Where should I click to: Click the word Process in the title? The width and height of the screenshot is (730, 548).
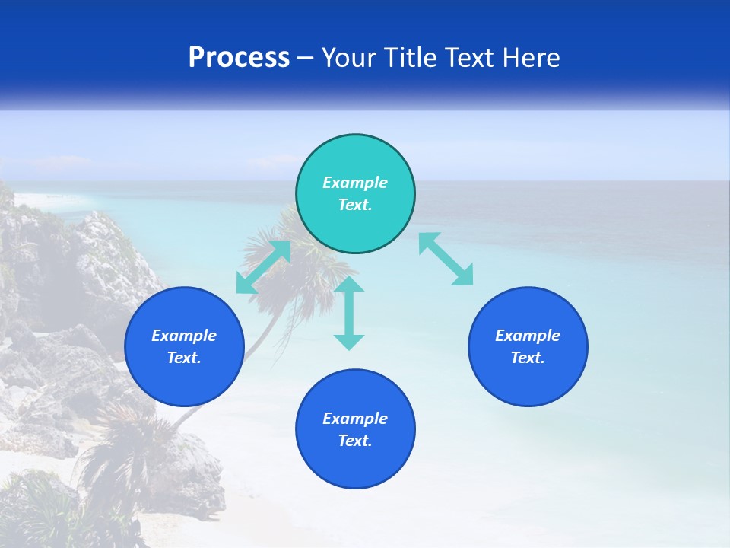pyautogui.click(x=239, y=58)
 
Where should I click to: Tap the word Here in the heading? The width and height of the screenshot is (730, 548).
pyautogui.click(x=530, y=58)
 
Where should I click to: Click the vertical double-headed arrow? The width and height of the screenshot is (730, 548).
pyautogui.click(x=349, y=313)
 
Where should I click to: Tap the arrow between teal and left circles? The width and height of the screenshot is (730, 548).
pyautogui.click(x=263, y=267)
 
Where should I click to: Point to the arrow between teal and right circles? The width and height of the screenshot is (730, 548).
pyautogui.click(x=446, y=259)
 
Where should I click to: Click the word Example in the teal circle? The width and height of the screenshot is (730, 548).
pyautogui.click(x=355, y=183)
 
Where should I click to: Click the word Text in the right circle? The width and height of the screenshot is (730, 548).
pyautogui.click(x=528, y=358)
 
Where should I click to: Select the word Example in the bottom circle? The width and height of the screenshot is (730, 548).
pyautogui.click(x=355, y=419)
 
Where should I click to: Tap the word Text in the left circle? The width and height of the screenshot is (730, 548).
pyautogui.click(x=184, y=358)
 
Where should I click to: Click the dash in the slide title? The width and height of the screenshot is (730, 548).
pyautogui.click(x=305, y=58)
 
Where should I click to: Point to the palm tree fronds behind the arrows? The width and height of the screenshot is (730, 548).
pyautogui.click(x=304, y=251)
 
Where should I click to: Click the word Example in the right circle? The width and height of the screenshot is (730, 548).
pyautogui.click(x=528, y=336)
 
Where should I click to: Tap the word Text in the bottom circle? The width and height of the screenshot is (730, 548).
pyautogui.click(x=355, y=441)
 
